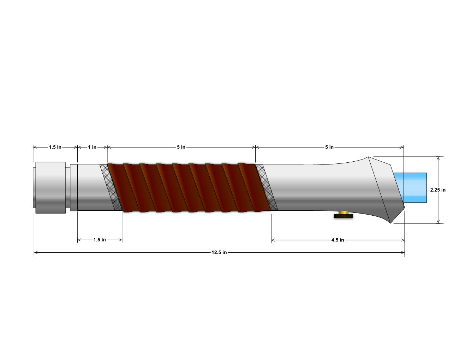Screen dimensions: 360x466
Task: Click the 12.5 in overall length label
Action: (219, 252)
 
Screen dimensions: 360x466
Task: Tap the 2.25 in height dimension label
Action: (438, 190)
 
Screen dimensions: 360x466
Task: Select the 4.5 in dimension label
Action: (337, 240)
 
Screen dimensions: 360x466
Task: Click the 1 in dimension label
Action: (92, 147)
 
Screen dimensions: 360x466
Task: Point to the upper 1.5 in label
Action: (55, 147)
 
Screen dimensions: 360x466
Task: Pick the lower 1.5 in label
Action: (100, 240)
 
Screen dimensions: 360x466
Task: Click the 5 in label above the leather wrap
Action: (181, 147)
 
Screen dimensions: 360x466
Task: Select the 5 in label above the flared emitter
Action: (329, 147)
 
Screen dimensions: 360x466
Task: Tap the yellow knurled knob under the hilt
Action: (343, 214)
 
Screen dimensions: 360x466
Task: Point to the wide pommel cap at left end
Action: (50, 187)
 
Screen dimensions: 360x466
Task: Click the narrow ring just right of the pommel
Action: (73, 187)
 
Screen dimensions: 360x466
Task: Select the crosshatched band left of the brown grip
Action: (110, 187)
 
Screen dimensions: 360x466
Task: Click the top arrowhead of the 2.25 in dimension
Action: (438, 158)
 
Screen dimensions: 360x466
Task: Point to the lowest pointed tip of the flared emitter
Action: (390, 223)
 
